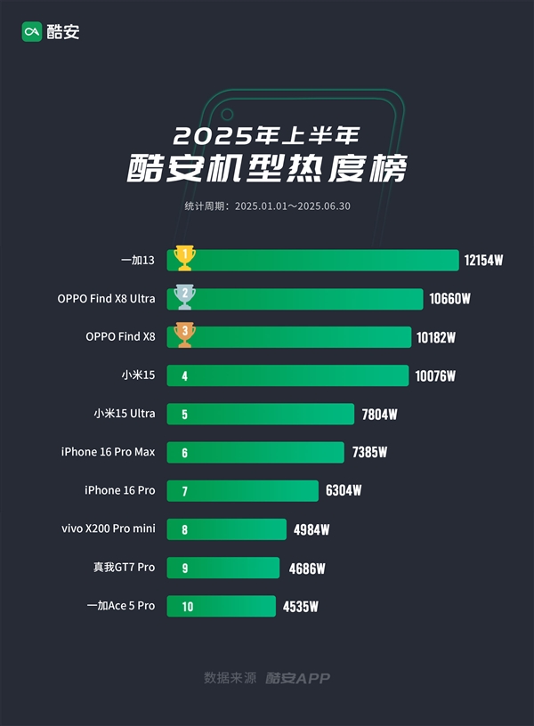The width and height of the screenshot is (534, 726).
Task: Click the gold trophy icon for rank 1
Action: (x=184, y=258)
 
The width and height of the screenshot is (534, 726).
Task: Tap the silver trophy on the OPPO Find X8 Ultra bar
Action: (x=184, y=296)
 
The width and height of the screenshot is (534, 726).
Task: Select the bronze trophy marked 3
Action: (x=184, y=335)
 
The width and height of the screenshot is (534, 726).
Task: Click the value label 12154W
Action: (x=484, y=261)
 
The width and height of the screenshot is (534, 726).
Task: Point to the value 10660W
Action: (x=449, y=299)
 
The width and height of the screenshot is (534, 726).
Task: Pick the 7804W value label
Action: (x=379, y=415)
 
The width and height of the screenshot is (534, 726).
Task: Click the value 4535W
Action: (x=301, y=607)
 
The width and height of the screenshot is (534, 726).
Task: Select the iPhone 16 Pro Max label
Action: (x=108, y=452)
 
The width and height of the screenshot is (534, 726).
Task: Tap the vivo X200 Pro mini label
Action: (x=108, y=528)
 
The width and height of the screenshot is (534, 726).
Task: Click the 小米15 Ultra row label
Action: (x=125, y=414)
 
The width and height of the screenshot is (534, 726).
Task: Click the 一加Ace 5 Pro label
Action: (x=120, y=606)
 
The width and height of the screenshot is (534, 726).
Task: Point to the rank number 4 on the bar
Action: (x=184, y=376)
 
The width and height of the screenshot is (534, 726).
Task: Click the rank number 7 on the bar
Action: (x=184, y=491)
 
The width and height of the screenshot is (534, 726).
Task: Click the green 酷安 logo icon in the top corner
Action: (x=33, y=32)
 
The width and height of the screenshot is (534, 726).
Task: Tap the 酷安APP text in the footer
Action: (x=297, y=678)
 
